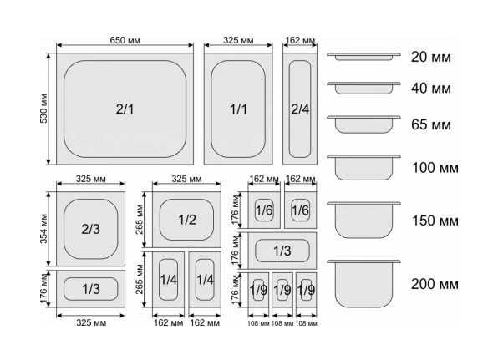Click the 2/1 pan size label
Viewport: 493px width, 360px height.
(125, 109)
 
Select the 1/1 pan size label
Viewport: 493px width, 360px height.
(238, 109)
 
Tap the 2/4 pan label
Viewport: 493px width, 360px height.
(300, 109)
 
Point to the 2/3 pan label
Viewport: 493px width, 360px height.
(90, 229)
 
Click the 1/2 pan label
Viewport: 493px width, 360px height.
(187, 220)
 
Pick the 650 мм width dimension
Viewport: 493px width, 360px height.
(125, 40)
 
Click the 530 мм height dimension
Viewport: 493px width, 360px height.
(44, 109)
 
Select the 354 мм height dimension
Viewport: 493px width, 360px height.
(44, 229)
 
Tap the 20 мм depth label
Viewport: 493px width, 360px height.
(430, 57)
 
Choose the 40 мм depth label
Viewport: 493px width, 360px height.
(430, 88)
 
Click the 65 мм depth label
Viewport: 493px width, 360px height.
(430, 124)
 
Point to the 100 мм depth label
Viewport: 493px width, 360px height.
(435, 168)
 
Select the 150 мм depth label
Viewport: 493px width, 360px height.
(435, 221)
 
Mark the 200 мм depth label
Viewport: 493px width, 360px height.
(435, 284)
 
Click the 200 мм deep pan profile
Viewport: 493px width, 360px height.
(363, 284)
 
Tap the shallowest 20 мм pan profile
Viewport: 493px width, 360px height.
(363, 56)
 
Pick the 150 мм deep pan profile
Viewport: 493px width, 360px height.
(363, 220)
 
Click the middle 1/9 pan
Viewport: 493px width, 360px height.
(282, 290)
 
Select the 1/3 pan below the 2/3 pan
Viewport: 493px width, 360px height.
(90, 289)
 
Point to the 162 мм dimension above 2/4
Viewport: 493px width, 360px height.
(300, 41)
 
